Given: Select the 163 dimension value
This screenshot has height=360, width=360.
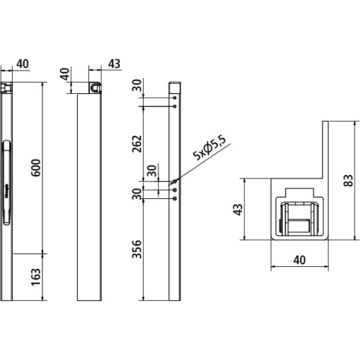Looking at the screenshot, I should click(37, 277).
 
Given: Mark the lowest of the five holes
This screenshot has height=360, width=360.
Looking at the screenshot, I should click(174, 198).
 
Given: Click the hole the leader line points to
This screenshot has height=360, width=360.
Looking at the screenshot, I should click(174, 180).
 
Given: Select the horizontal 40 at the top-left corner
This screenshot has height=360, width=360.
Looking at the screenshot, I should click(22, 64).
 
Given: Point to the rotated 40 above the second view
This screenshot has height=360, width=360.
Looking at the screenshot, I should click(65, 73).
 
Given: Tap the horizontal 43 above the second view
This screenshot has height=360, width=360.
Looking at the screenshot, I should click(114, 64).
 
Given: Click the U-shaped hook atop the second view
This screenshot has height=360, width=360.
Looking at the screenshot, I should click(95, 87).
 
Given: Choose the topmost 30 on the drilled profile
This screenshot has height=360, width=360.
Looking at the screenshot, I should click(138, 85).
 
